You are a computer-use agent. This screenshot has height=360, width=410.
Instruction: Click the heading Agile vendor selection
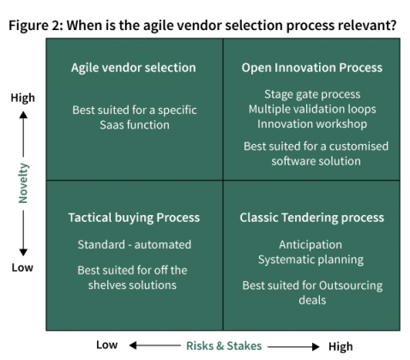[133, 68]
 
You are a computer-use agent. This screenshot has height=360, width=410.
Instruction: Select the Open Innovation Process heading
[311, 68]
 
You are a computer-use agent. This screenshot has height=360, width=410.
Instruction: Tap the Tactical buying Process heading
[134, 218]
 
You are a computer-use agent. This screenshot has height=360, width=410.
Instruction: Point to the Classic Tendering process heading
[311, 218]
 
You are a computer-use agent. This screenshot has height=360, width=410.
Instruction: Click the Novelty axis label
[23, 183]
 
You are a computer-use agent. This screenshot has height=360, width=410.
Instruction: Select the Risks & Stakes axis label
[224, 345]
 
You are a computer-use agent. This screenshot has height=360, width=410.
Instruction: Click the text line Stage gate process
[312, 94]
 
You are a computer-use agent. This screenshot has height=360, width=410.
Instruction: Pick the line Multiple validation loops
[312, 109]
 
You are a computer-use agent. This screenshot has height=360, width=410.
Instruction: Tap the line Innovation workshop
[312, 123]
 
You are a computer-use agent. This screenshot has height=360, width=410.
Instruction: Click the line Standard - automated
[134, 244]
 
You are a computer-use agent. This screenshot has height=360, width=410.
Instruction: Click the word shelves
[106, 285]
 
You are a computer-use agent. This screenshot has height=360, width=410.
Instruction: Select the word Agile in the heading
[87, 68]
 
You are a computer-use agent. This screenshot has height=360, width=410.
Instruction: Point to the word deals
[312, 300]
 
